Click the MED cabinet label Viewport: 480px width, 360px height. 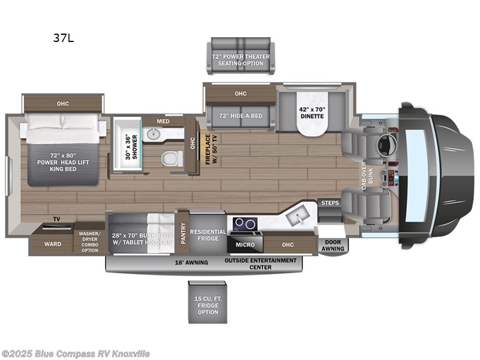tap(163, 121)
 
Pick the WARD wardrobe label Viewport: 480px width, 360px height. tap(53, 244)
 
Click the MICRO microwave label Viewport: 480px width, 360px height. tap(245, 244)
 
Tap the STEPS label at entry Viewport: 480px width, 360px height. tap(329, 203)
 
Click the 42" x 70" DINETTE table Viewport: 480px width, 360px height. tap(311, 116)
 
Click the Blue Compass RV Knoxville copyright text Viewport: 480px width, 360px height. tap(76, 353)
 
